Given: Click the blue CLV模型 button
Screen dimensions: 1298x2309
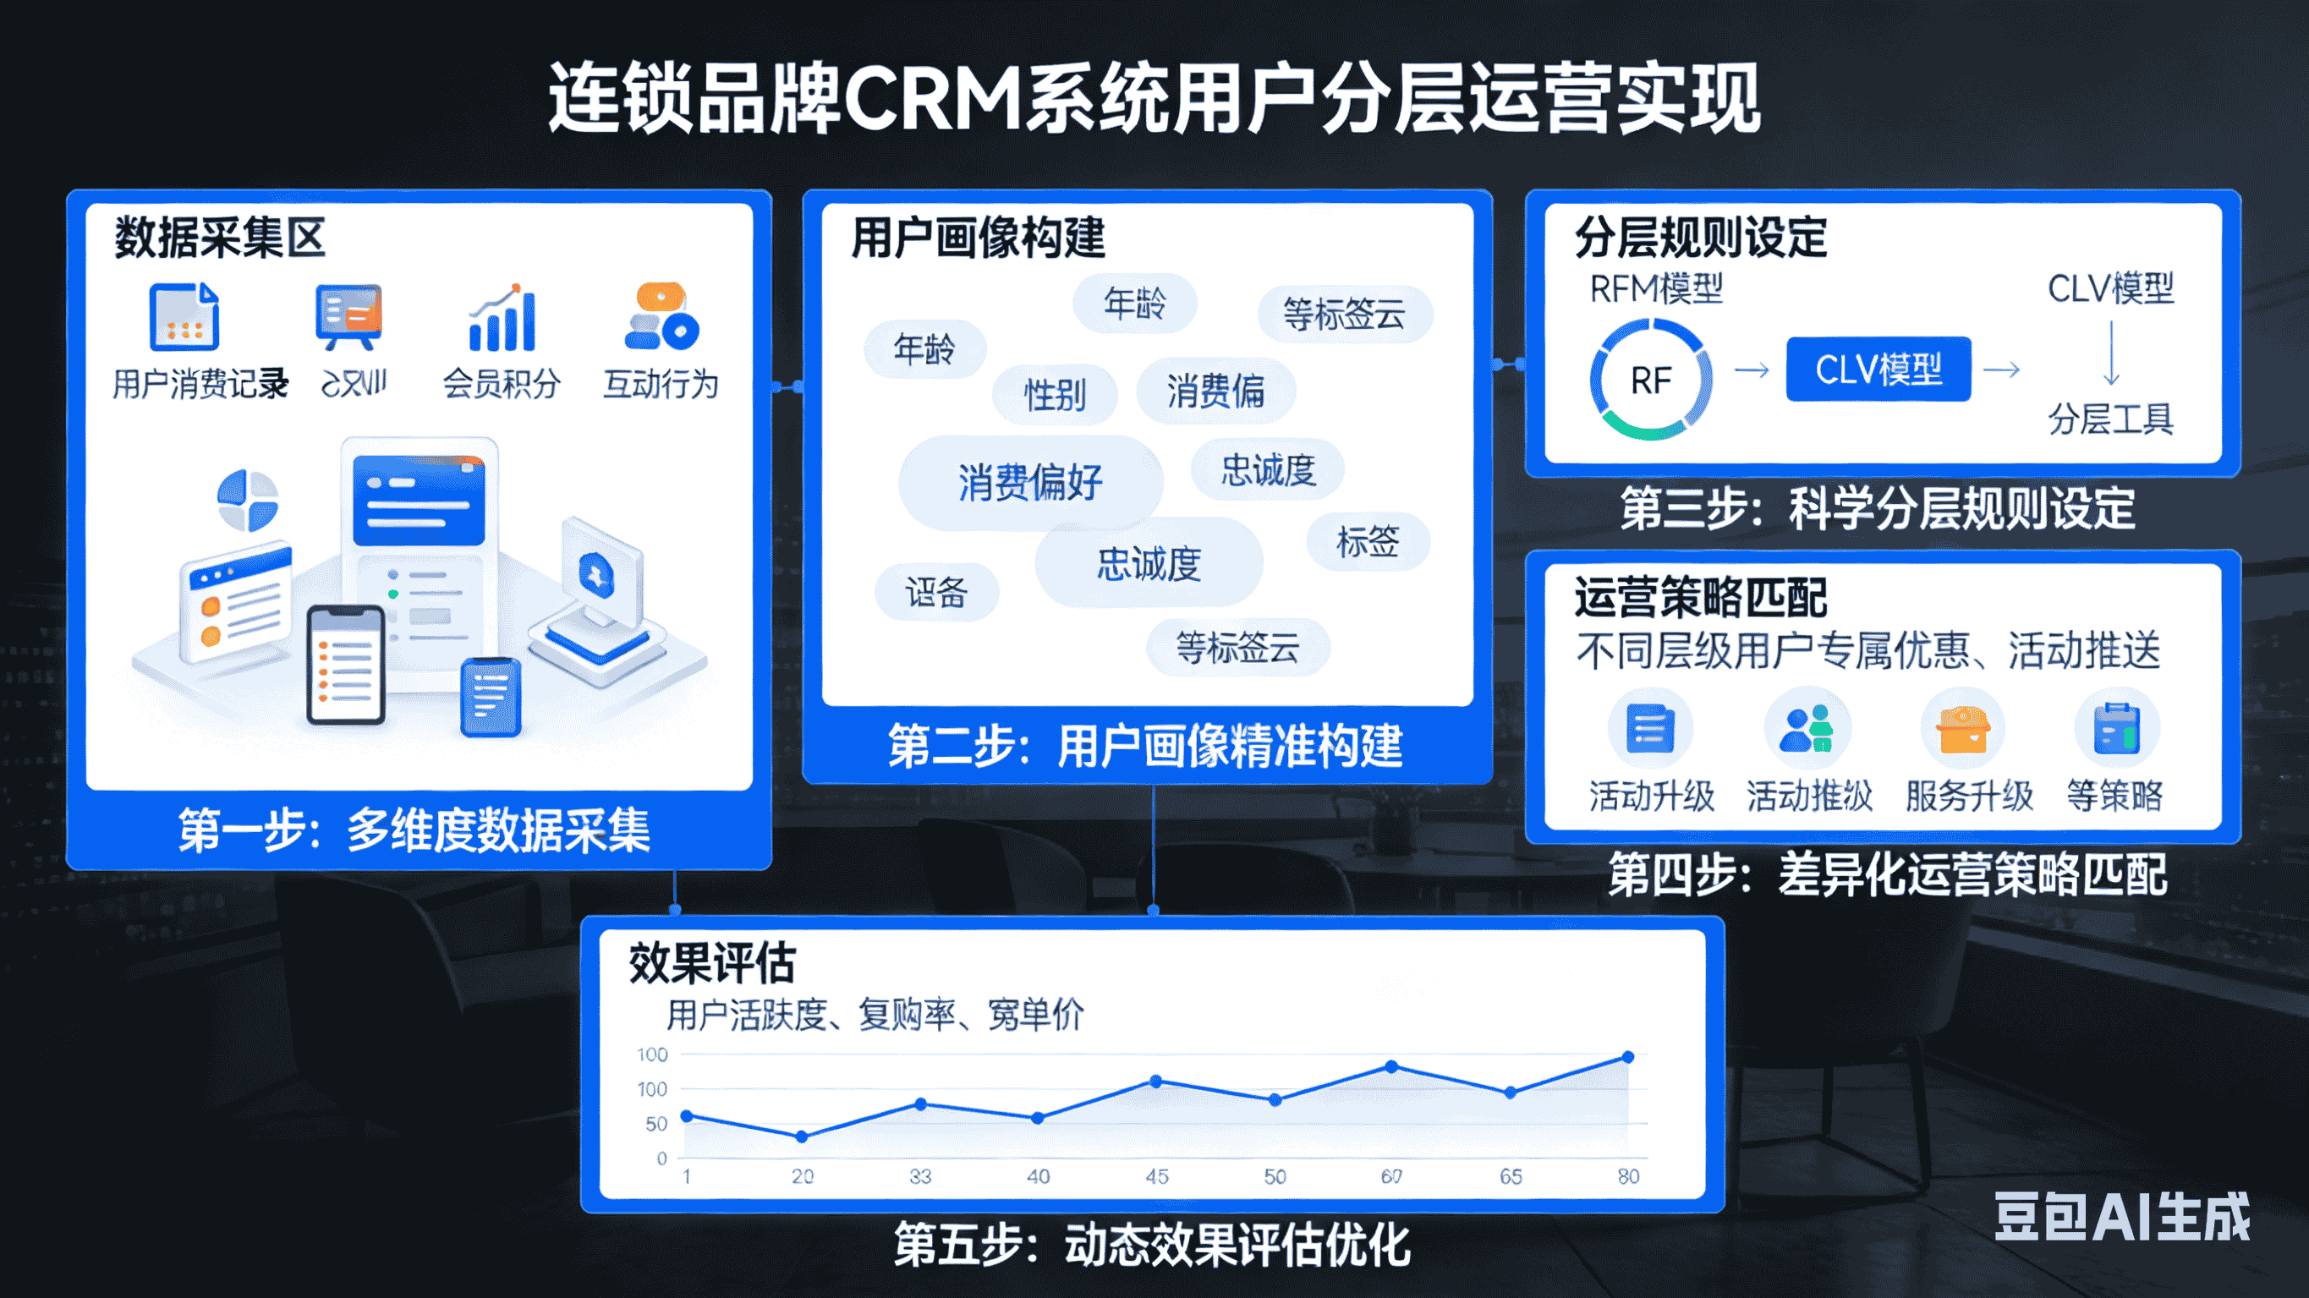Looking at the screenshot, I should [x=1878, y=370].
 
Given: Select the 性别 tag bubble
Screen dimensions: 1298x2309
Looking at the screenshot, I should [x=1055, y=394].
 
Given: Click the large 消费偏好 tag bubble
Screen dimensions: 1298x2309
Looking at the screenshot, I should [x=1030, y=482].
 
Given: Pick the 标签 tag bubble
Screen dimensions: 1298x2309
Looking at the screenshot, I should [x=1368, y=541].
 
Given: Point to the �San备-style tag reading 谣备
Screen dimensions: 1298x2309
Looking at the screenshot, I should [x=935, y=593].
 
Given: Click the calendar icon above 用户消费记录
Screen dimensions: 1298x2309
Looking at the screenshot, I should [x=184, y=316].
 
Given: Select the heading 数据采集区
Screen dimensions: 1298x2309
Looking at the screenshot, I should [x=219, y=238].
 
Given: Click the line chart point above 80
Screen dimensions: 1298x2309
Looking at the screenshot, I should [x=1628, y=1057].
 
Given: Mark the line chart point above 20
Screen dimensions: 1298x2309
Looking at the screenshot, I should [x=803, y=1136].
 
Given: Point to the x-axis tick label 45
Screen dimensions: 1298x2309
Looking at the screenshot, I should [x=1156, y=1176].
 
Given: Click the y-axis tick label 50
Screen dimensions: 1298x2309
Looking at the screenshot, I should [x=656, y=1124].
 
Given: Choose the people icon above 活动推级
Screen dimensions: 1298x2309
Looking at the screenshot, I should [x=1807, y=728].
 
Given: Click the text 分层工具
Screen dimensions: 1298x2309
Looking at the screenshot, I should [x=2110, y=419].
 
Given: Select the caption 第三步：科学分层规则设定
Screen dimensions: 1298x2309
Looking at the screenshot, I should [x=1877, y=508].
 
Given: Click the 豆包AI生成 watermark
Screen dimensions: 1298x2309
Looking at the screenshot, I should [x=2122, y=1217].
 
